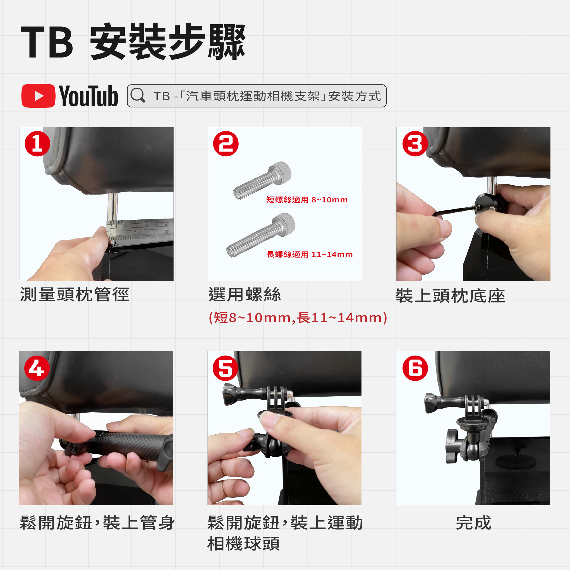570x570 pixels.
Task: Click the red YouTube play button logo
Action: coord(38,96)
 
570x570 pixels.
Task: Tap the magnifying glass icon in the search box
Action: coord(138,95)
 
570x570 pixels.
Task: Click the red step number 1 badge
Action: coord(37,144)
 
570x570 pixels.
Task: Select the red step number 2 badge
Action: coord(226,144)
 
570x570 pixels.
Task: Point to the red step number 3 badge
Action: coord(415,144)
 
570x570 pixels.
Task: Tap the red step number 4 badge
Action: coord(37,368)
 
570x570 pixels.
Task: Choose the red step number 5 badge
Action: coord(225,368)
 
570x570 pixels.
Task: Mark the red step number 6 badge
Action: coord(415,368)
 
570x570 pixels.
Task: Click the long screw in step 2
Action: coord(261,235)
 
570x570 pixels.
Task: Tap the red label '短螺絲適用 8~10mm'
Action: coord(307,200)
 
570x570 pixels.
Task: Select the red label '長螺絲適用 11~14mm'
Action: coord(310,254)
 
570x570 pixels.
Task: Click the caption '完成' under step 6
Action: coord(473,523)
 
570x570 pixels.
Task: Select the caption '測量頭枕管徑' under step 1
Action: coord(75,294)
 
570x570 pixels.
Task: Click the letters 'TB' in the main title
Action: coord(47,42)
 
